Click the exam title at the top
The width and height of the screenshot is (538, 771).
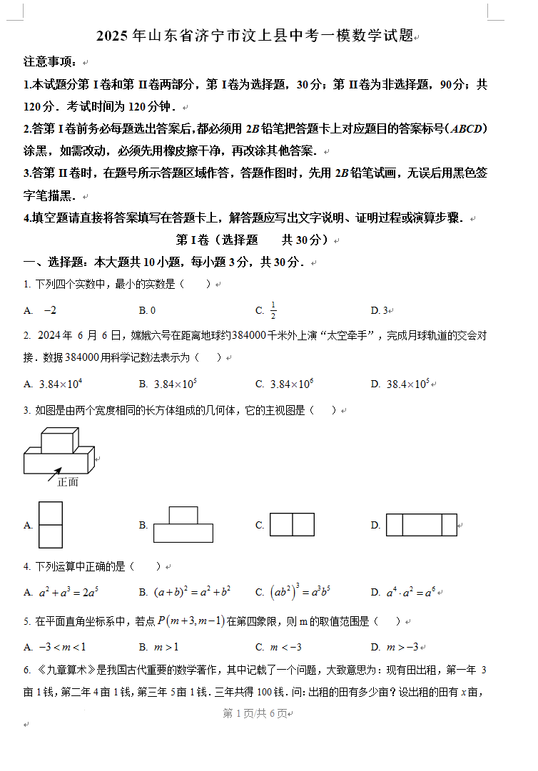point(255,36)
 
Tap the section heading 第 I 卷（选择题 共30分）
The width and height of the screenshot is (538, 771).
point(252,240)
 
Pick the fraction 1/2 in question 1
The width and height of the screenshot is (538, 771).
point(273,310)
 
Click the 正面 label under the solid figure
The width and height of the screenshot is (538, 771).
point(68,482)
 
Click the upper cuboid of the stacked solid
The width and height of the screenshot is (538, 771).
point(59,440)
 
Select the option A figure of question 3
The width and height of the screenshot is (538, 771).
point(50,525)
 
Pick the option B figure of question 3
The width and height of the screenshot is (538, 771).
point(183,525)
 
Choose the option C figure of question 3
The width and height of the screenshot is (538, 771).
point(292,525)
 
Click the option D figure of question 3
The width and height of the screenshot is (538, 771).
point(421,525)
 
